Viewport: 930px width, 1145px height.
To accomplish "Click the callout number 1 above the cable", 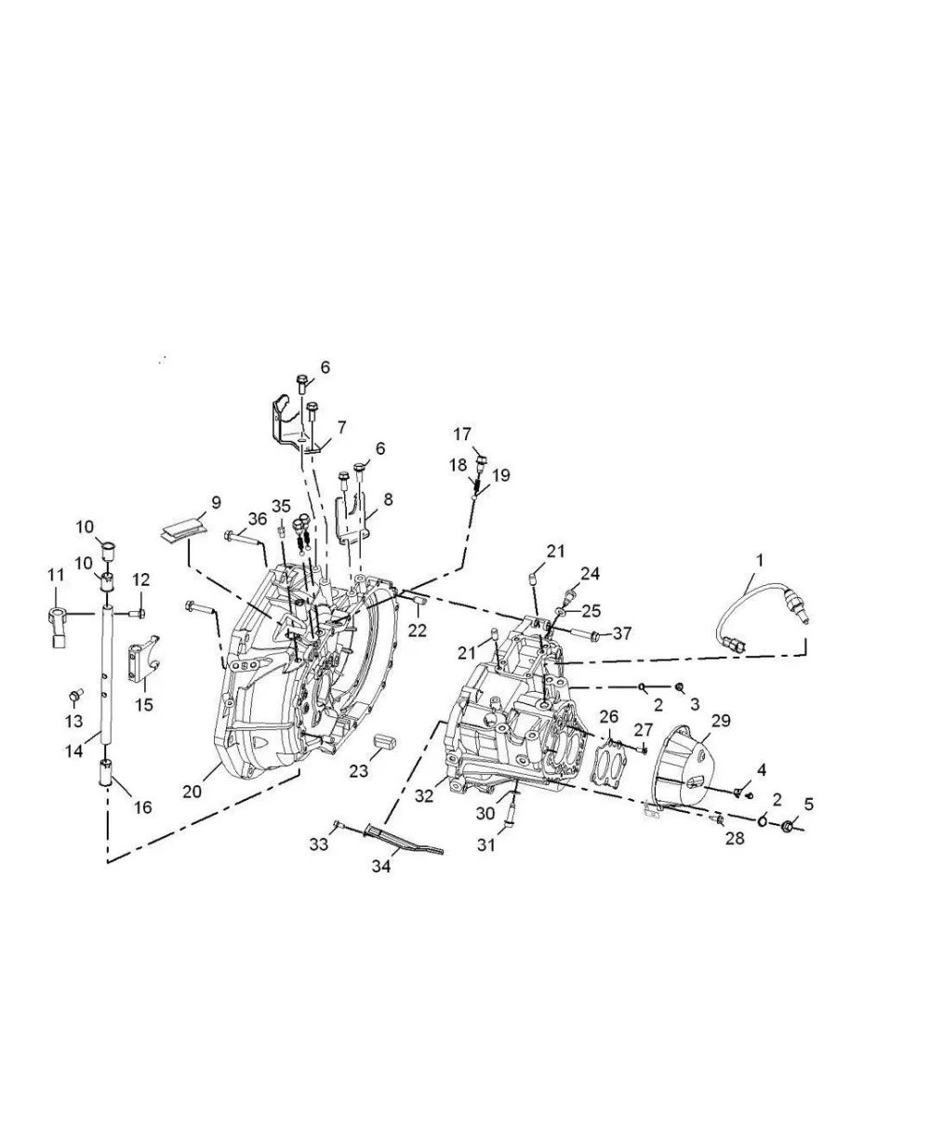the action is pyautogui.click(x=759, y=560).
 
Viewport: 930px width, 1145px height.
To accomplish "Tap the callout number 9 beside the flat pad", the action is pyautogui.click(x=216, y=502).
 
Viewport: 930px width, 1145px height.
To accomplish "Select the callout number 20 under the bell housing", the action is pyautogui.click(x=192, y=792).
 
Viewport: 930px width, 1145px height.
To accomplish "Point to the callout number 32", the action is pyautogui.click(x=423, y=796).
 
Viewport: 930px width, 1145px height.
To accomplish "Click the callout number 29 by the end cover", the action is pyautogui.click(x=721, y=720).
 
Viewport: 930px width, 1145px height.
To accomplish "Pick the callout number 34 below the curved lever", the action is pyautogui.click(x=381, y=866).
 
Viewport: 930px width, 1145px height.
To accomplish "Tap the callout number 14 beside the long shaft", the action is pyautogui.click(x=74, y=751).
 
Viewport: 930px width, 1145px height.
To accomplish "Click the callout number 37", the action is pyautogui.click(x=622, y=633).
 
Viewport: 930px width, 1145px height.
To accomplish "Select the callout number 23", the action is pyautogui.click(x=359, y=771).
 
